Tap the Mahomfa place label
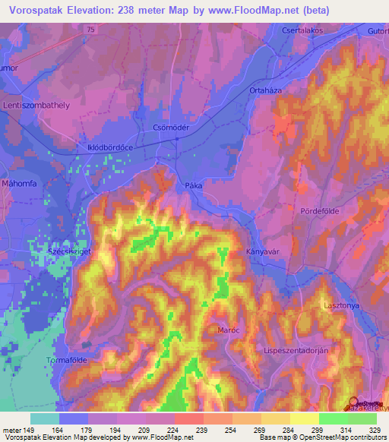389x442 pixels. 21,182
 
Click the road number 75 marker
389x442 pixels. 91,28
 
